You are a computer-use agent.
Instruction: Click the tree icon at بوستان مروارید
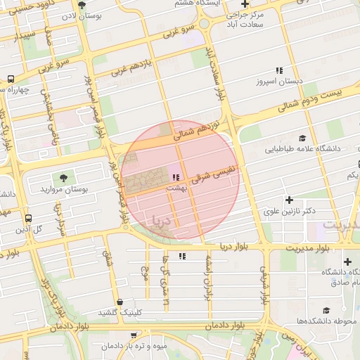(64, 178)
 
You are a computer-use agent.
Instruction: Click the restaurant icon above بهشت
(175, 177)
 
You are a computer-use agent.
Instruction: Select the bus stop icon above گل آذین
(28, 219)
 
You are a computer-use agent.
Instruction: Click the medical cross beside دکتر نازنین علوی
(289, 200)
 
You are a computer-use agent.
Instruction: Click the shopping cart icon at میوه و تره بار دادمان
(134, 335)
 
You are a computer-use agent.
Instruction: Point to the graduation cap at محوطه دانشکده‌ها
(326, 310)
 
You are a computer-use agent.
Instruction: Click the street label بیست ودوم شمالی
(309, 100)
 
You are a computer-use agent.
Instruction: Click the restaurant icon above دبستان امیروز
(279, 70)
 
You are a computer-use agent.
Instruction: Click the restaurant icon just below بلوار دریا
(183, 257)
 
